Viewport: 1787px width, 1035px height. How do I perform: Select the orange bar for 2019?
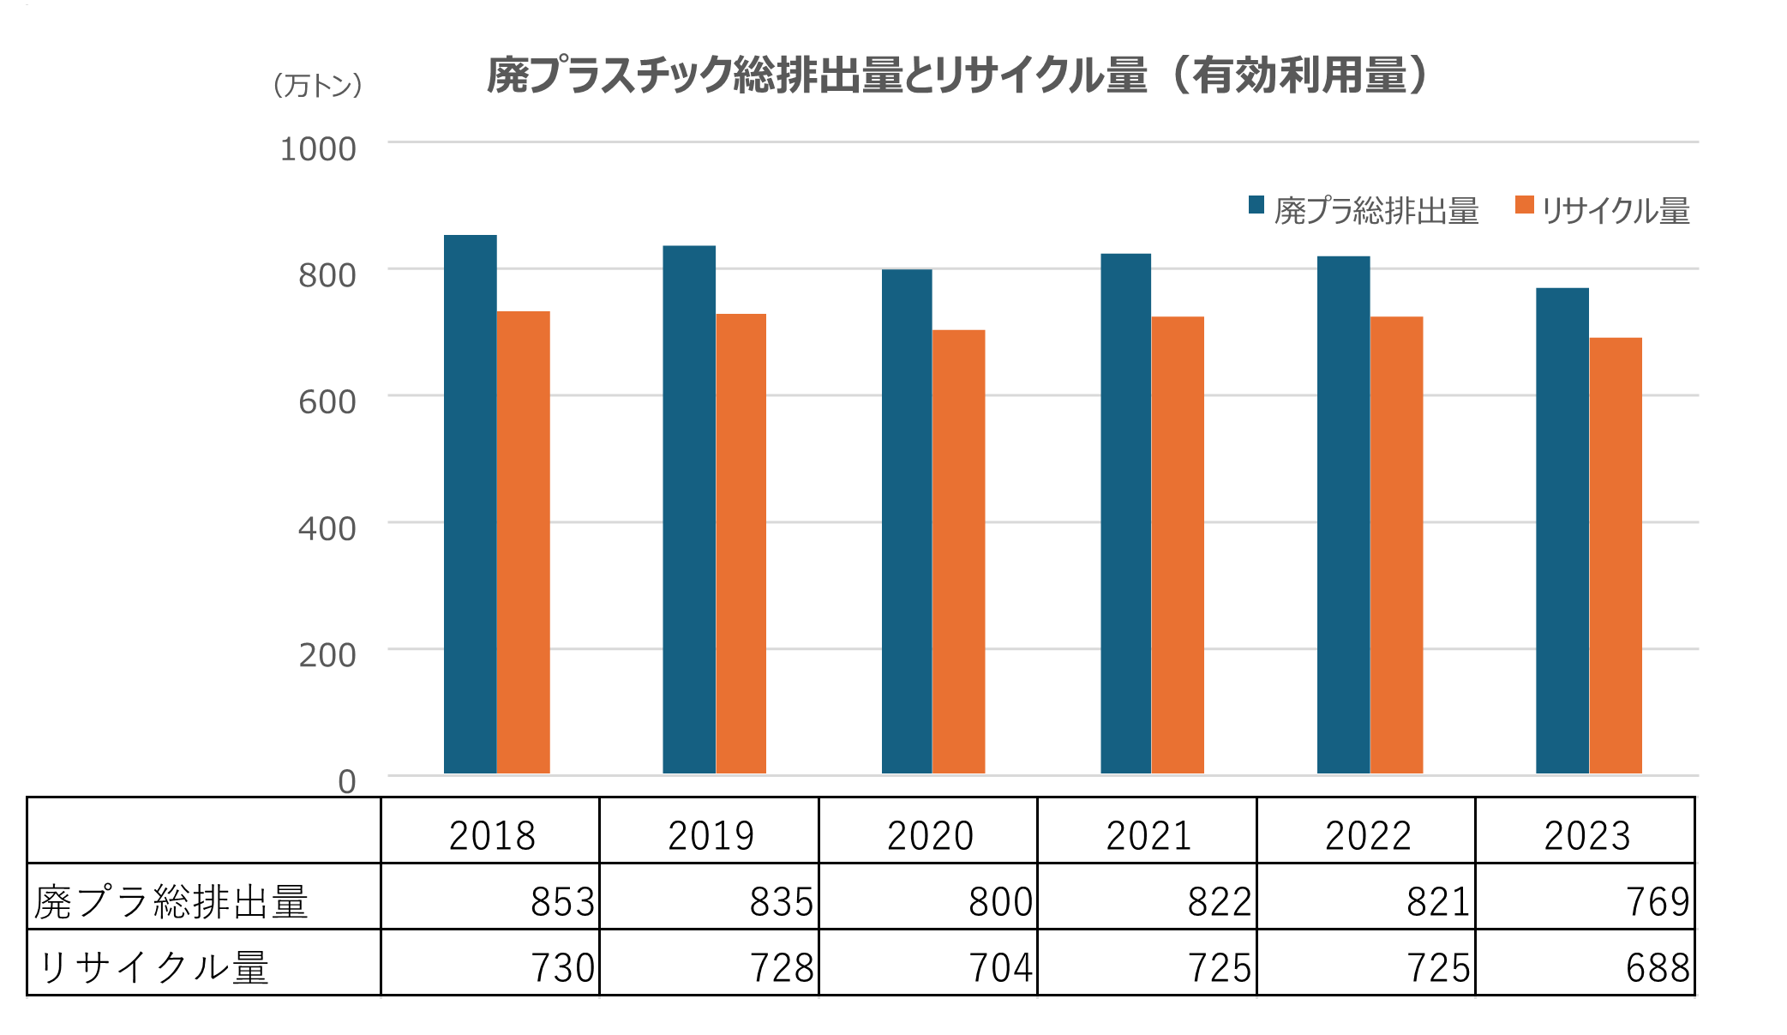pyautogui.click(x=741, y=544)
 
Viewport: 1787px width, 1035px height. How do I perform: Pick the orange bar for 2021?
pyautogui.click(x=1178, y=545)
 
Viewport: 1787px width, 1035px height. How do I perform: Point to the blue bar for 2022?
pyautogui.click(x=1343, y=514)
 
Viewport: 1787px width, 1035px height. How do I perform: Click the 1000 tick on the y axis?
pyautogui.click(x=318, y=149)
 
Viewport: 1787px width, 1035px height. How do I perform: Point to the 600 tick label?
pyautogui.click(x=327, y=402)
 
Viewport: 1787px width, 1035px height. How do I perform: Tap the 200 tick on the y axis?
pyautogui.click(x=327, y=655)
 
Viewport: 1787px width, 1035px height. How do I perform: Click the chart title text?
pyautogui.click(x=957, y=75)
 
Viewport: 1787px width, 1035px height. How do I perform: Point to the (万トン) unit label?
pyautogui.click(x=317, y=85)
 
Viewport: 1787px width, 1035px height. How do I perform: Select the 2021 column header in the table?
pyautogui.click(x=1148, y=835)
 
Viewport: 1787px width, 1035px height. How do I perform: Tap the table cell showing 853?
pyautogui.click(x=562, y=901)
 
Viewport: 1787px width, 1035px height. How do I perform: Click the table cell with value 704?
pyautogui.click(x=1000, y=967)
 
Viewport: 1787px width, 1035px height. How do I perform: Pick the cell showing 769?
pyautogui.click(x=1658, y=901)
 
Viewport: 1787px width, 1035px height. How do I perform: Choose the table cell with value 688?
pyautogui.click(x=1658, y=967)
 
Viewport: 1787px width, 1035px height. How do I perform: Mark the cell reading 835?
pyautogui.click(x=781, y=901)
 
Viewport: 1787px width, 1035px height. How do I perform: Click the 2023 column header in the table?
pyautogui.click(x=1586, y=835)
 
